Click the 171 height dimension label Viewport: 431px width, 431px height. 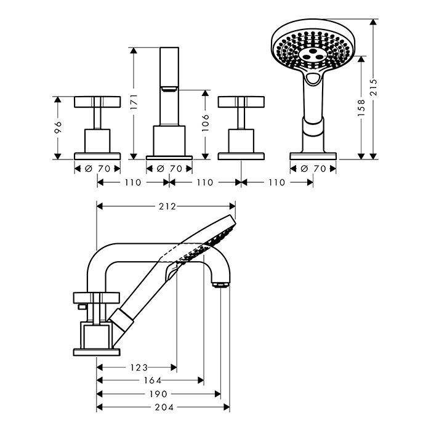click(x=134, y=102)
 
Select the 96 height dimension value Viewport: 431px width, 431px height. click(x=58, y=127)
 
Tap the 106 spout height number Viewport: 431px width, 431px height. click(x=206, y=123)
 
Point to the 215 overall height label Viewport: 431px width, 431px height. click(x=373, y=87)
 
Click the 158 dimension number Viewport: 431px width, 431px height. click(x=361, y=108)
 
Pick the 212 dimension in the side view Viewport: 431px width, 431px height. click(x=167, y=206)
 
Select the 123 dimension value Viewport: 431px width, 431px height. click(x=139, y=367)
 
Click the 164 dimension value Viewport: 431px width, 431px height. click(x=153, y=381)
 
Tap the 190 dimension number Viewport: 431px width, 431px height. click(x=158, y=394)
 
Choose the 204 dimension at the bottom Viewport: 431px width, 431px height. click(x=164, y=407)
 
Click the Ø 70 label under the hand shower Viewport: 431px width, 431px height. click(x=313, y=169)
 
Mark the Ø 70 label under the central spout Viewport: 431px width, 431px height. click(x=169, y=169)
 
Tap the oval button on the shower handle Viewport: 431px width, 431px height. click(x=313, y=79)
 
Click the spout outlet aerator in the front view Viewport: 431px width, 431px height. click(x=169, y=89)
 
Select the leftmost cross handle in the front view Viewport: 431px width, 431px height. click(x=97, y=102)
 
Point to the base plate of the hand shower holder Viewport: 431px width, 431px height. click(x=313, y=156)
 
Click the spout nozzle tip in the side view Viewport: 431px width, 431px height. click(x=220, y=284)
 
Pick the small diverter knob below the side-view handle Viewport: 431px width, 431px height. click(x=82, y=307)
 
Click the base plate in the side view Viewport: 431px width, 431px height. click(x=97, y=352)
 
